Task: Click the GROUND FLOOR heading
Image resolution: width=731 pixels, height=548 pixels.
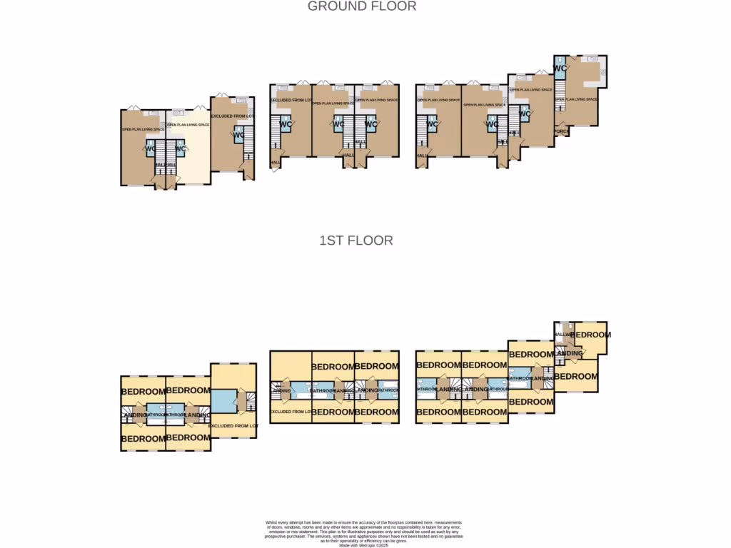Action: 361,6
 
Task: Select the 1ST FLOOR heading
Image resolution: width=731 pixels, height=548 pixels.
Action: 356,240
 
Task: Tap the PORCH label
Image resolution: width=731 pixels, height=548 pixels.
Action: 561,131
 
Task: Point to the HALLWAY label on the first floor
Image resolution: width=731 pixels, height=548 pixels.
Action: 562,334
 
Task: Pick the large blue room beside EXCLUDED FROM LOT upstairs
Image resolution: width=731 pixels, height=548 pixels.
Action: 224,400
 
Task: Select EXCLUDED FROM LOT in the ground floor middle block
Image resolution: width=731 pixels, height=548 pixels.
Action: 290,100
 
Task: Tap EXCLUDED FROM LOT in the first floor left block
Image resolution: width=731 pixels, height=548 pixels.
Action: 233,425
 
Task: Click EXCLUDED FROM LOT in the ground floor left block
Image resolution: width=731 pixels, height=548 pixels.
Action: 232,116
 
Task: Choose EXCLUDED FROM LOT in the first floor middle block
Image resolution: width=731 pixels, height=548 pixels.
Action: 290,412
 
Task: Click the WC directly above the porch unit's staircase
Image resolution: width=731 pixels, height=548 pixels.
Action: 560,68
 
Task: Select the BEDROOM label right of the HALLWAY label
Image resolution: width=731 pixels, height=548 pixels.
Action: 590,335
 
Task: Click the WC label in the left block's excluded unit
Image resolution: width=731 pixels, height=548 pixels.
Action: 238,136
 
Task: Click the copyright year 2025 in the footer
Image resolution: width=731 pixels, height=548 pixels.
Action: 382,545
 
